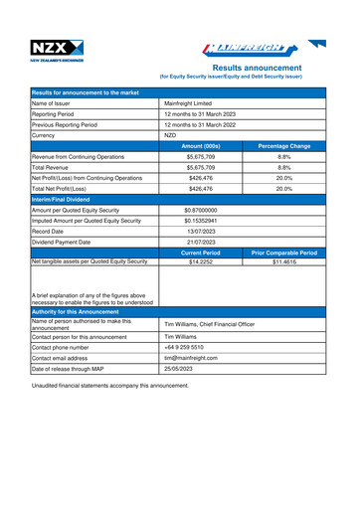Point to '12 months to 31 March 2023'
tap(207, 113)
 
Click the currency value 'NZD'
tap(170, 135)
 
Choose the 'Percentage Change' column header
tap(283, 146)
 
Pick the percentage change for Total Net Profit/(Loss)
tap(283, 188)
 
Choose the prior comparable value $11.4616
tap(283, 261)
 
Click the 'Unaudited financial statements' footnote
tap(122, 384)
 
